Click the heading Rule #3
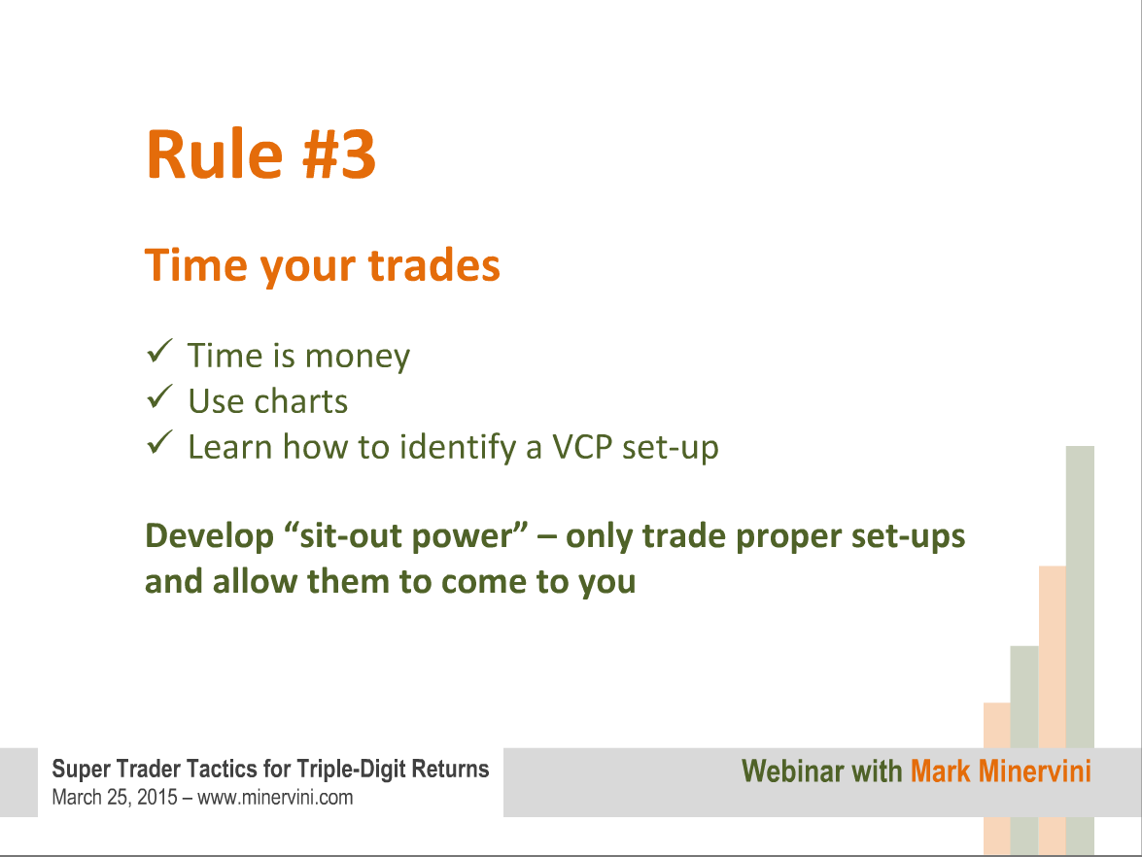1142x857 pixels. tap(260, 154)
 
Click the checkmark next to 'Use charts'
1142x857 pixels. tap(159, 396)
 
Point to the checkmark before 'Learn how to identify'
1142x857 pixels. tap(159, 443)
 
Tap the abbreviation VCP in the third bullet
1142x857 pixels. tap(582, 447)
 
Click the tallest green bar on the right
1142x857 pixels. tap(1080, 649)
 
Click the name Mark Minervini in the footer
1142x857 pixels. tap(1001, 771)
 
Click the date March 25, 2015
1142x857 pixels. tap(115, 798)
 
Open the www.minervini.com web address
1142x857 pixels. tap(275, 798)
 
